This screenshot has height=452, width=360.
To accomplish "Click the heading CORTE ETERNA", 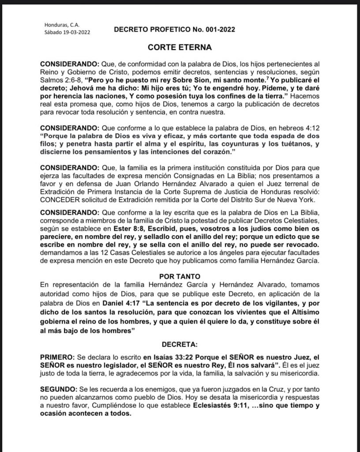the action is [x=180, y=47].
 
